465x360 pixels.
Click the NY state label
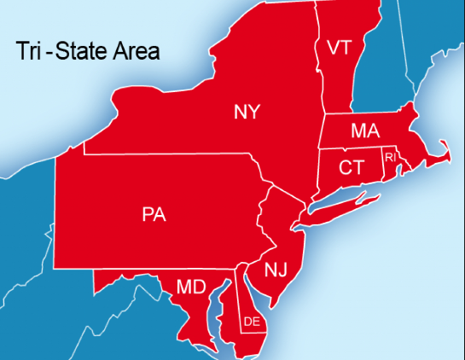[247, 112]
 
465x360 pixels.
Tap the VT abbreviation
[334, 48]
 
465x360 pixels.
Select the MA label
[364, 132]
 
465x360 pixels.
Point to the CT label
[351, 167]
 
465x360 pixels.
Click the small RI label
[390, 158]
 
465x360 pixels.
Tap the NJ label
[276, 270]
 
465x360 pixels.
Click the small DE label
[252, 322]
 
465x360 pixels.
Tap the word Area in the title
[136, 52]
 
